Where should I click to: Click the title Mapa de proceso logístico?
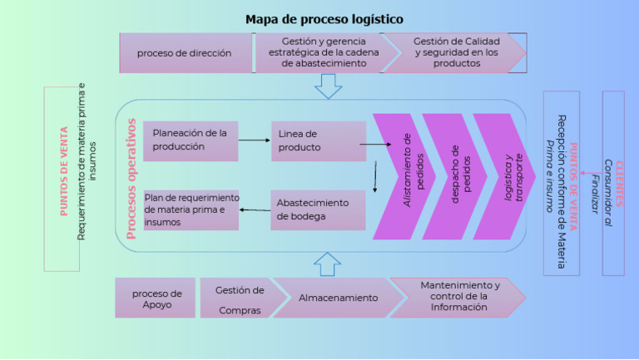coord(324,19)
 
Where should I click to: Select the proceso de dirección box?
coord(185,53)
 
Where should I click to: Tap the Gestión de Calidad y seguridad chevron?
coord(455,52)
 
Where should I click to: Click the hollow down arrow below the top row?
coord(328,86)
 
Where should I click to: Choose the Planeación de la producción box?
coord(191,141)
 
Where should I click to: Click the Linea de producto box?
coord(318,141)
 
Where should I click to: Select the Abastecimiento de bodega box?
coord(318,210)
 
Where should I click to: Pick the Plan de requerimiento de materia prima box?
coord(191,210)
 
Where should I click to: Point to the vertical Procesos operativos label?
coord(131,178)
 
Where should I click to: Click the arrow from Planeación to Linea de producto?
coord(254,141)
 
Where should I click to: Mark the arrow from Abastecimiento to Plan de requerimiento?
coord(255,210)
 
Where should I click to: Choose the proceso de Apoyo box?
coord(156,298)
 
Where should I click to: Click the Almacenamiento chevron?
coord(337,298)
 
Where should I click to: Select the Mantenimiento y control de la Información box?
coord(458,297)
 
